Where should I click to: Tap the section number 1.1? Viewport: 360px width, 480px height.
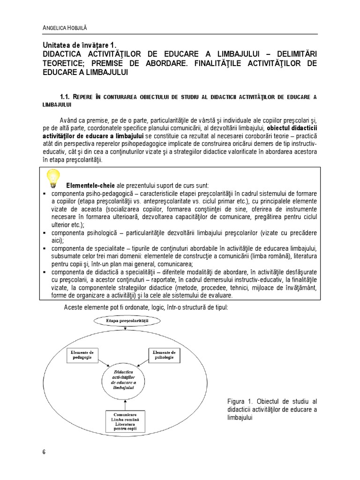(x=66, y=97)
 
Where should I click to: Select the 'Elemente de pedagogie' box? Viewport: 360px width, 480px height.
(x=82, y=354)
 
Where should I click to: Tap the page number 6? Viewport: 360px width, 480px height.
(x=44, y=452)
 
